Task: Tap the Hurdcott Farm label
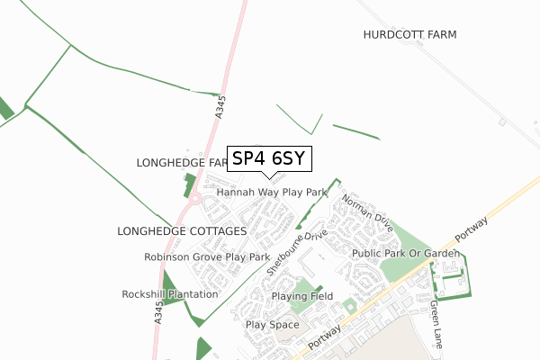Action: (x=410, y=34)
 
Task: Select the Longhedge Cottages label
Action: (x=182, y=231)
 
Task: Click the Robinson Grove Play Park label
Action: (x=207, y=257)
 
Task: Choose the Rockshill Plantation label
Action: (x=170, y=294)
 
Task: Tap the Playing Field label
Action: (x=303, y=296)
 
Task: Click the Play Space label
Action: (x=272, y=324)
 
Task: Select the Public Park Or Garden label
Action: (x=407, y=255)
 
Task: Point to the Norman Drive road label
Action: (x=366, y=213)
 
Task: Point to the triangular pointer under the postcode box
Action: (x=269, y=175)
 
